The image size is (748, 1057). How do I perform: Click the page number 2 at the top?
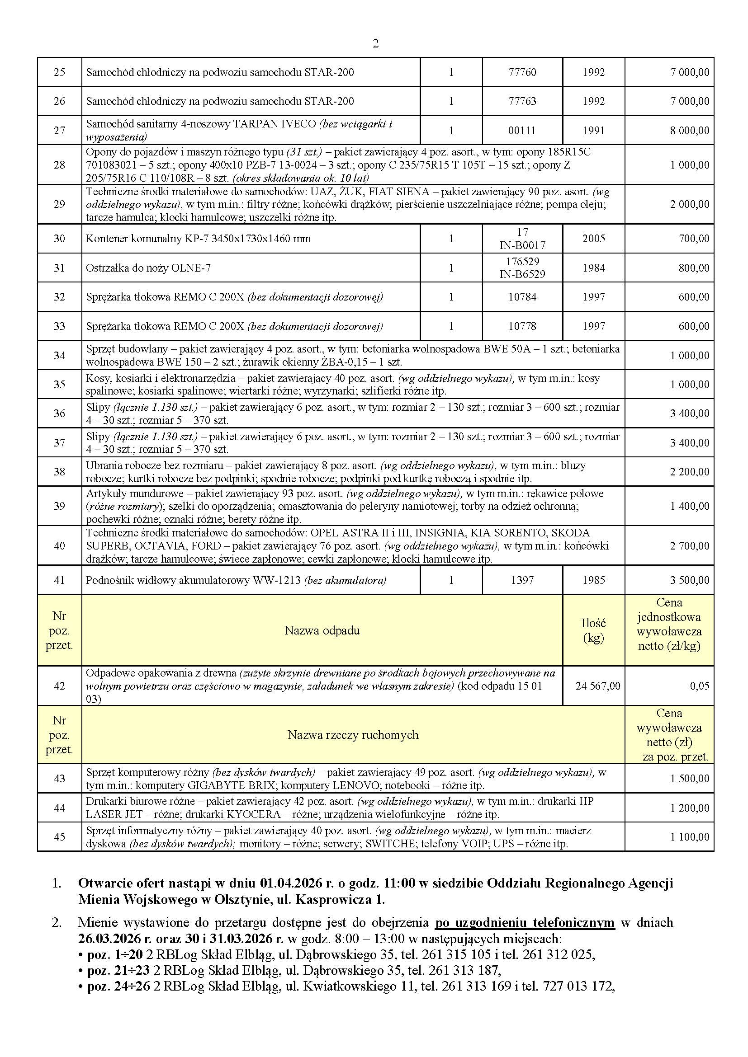click(x=375, y=44)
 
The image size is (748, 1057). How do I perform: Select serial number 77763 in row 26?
click(x=522, y=101)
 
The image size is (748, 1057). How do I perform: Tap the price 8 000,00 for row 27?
click(x=690, y=131)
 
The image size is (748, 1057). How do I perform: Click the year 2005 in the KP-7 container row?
click(x=593, y=239)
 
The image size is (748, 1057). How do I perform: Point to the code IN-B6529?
click(x=522, y=274)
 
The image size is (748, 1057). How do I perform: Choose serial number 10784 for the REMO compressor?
click(x=522, y=297)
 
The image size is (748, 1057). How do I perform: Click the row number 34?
click(x=59, y=355)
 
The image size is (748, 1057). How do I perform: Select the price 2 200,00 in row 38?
click(x=690, y=472)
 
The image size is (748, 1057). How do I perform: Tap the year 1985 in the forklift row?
click(x=593, y=581)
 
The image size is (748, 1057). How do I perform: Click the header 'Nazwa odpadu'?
click(x=322, y=630)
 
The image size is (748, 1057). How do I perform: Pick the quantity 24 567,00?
click(x=598, y=686)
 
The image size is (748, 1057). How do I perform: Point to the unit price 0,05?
click(x=700, y=686)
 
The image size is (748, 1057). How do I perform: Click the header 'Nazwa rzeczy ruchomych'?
click(x=353, y=735)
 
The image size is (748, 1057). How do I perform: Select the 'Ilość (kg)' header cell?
click(x=593, y=630)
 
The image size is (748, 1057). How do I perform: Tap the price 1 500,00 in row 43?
click(x=690, y=779)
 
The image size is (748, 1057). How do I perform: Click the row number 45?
click(x=59, y=837)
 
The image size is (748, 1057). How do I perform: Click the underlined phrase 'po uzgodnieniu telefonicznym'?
click(x=525, y=923)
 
